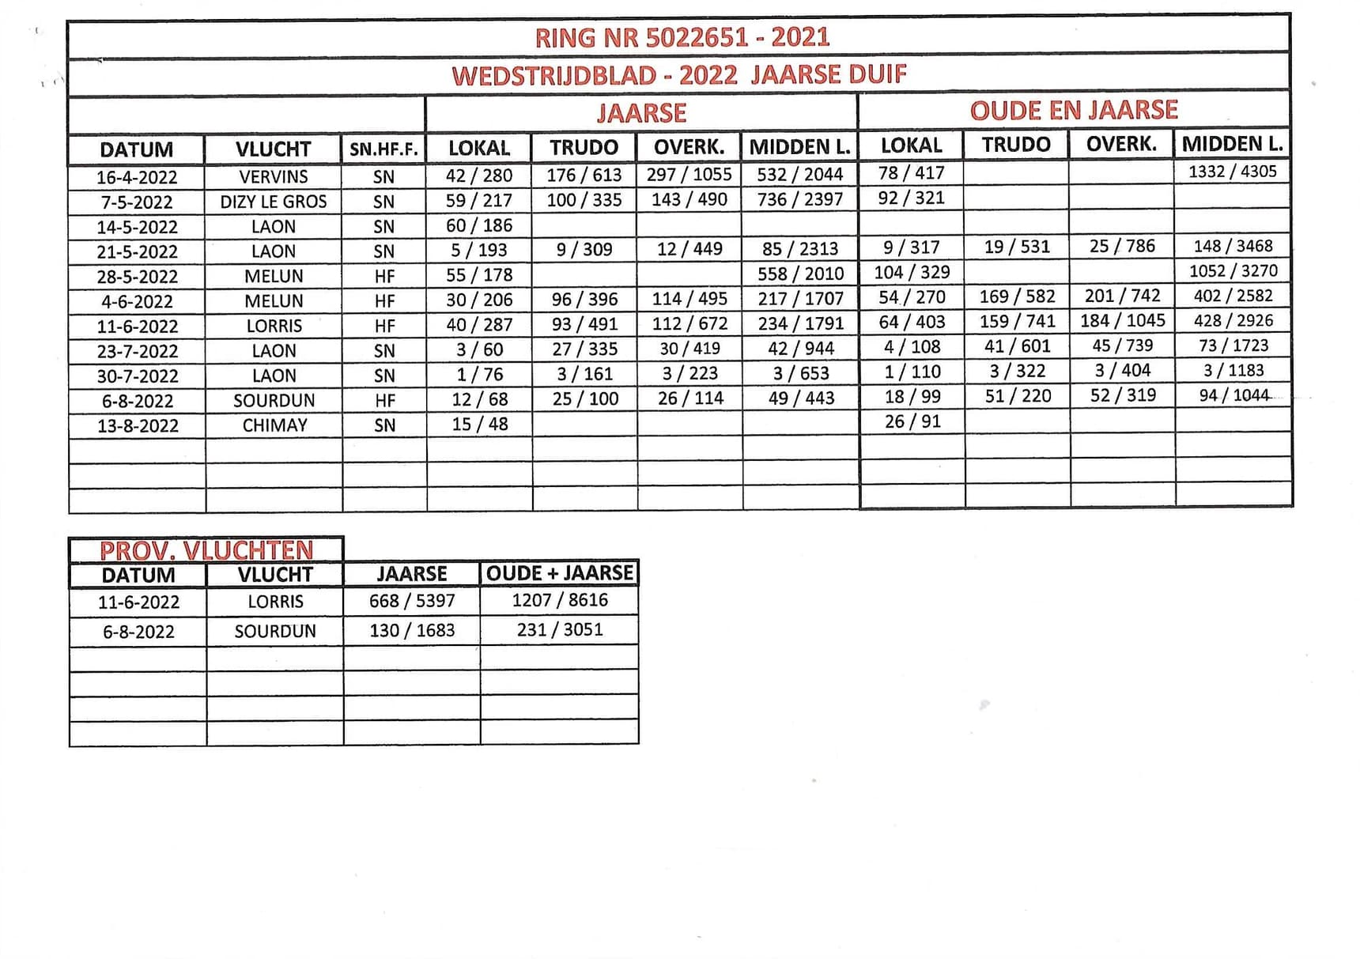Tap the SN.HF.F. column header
tap(383, 149)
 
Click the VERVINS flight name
tap(274, 176)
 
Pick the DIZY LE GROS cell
tap(274, 202)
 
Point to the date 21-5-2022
tap(138, 251)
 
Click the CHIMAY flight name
tap(274, 425)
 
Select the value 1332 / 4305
tap(1232, 172)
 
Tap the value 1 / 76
tap(479, 374)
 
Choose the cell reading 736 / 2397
tap(800, 199)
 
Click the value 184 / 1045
tap(1123, 321)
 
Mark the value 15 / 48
tap(479, 424)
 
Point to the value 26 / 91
tap(912, 421)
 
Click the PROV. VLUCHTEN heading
tap(206, 550)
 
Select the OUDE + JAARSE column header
tap(560, 573)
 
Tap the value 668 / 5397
tap(412, 601)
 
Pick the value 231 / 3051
tap(560, 630)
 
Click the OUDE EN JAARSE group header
tap(1074, 111)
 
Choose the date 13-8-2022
tap(138, 425)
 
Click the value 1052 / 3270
tap(1233, 271)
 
